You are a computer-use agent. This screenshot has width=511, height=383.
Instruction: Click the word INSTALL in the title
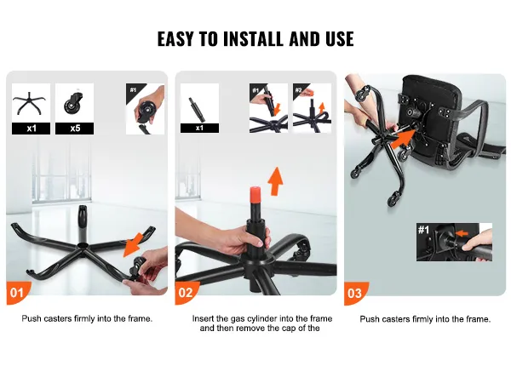point(253,39)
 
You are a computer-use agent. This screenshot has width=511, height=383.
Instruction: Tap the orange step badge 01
point(17,293)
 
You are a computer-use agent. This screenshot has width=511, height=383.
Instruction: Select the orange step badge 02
point(186,293)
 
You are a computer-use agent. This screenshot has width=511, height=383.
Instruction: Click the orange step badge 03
point(355,293)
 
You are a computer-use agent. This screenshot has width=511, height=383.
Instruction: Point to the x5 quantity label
point(75,129)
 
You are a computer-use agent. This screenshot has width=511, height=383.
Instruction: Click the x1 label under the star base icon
point(32,129)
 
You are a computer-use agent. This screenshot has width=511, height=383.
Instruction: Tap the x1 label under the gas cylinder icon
point(199,128)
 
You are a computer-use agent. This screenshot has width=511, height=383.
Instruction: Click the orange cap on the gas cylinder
point(255,195)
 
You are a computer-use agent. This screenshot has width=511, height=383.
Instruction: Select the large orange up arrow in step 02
point(276,181)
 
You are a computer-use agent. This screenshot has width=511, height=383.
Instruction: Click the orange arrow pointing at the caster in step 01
point(134,244)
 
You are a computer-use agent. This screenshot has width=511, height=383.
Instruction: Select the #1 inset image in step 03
point(454,242)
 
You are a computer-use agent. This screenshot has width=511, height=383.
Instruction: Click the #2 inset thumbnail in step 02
point(313,108)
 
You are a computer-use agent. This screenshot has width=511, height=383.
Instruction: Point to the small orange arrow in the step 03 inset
point(462,233)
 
